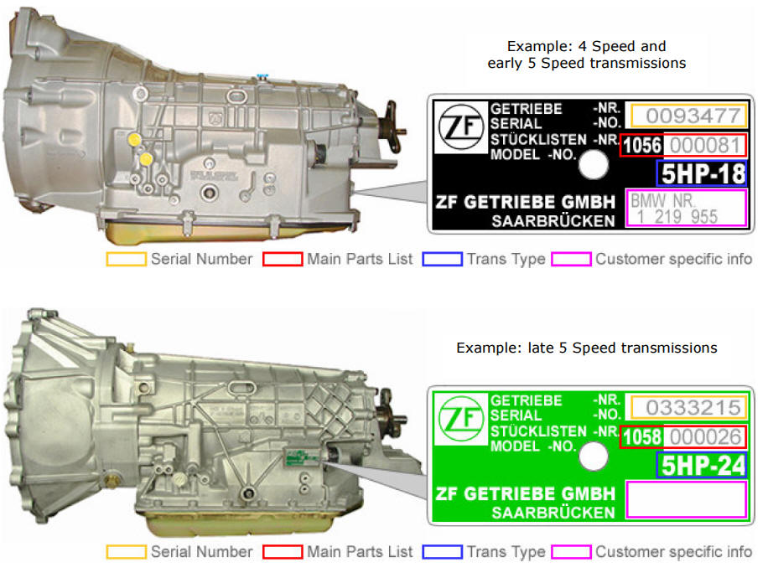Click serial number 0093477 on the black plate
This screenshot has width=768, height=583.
coord(688,116)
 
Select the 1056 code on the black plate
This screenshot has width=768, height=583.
coord(642,146)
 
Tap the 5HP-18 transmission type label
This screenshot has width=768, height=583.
coord(701,173)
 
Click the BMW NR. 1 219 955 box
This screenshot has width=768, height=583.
coord(686,209)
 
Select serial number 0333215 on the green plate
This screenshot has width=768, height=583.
coord(688,408)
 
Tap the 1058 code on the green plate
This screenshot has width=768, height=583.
coord(642,437)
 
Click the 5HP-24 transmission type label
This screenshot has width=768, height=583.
coord(701,465)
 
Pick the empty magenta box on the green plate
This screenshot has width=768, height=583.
coord(686,499)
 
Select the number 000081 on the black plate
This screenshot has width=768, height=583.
coord(704,146)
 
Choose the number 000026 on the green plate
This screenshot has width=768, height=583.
coord(704,437)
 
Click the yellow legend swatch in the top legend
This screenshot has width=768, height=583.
coord(125,260)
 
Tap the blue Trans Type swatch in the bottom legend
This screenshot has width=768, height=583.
coord(442,552)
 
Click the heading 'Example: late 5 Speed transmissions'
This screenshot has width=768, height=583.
coord(586,348)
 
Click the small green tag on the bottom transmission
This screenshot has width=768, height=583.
coord(298,457)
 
